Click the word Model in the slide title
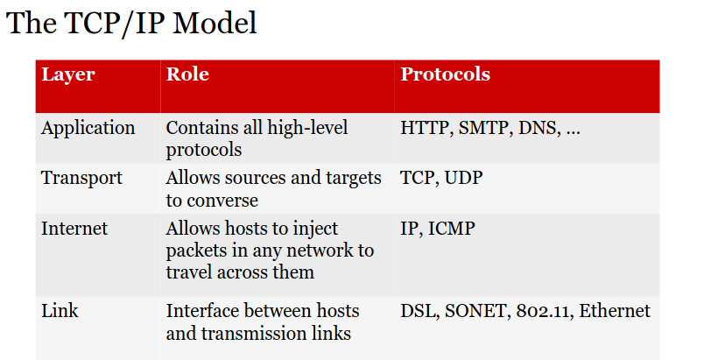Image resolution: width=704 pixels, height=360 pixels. coord(215,23)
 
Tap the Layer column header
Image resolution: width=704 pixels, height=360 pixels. coord(68,75)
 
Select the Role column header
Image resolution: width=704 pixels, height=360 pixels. coord(187,74)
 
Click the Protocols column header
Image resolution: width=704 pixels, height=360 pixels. coord(446,74)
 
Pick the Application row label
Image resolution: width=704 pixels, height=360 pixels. coord(88,129)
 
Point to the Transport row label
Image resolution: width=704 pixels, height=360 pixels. coord(81,179)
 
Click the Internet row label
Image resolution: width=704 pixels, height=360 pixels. coord(74,228)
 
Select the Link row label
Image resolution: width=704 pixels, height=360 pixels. coord(60,311)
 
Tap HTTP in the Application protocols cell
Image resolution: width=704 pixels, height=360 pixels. coord(426,128)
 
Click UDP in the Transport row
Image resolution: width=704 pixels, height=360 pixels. coord(463,178)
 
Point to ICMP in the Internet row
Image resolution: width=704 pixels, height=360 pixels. coord(451,228)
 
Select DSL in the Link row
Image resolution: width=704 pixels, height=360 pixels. coord(419,311)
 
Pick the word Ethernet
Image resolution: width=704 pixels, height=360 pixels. coord(615,311)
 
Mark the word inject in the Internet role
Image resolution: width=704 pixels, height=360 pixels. coord(315,229)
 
